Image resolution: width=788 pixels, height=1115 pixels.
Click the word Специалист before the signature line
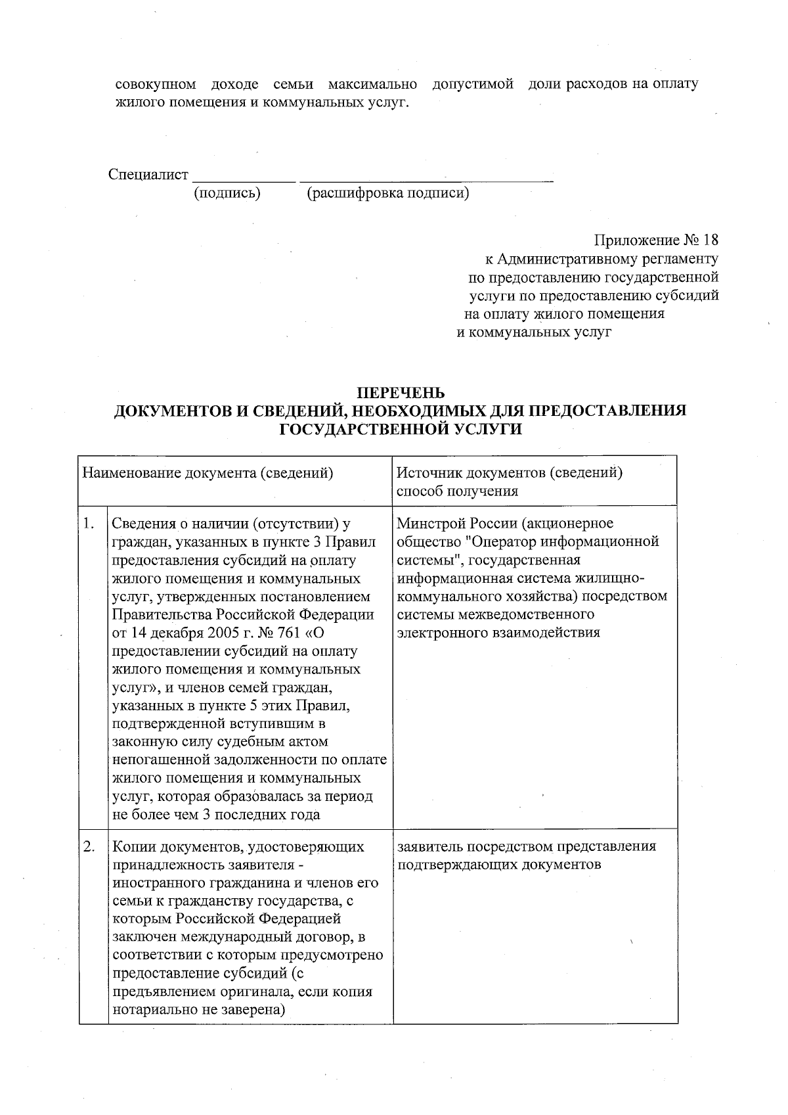click(148, 175)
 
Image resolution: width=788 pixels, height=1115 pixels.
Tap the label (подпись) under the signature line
click(227, 194)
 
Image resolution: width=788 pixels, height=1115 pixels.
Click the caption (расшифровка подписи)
click(387, 194)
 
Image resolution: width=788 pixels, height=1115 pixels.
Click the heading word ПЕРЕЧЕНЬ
click(401, 393)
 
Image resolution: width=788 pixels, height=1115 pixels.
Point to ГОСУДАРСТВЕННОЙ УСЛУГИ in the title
click(401, 430)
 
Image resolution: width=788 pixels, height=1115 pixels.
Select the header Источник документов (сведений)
click(510, 473)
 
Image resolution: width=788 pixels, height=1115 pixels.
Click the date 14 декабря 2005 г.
click(194, 633)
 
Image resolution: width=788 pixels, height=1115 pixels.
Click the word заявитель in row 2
click(429, 846)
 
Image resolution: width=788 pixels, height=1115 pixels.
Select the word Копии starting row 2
click(134, 847)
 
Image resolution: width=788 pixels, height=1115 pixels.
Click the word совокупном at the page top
click(156, 85)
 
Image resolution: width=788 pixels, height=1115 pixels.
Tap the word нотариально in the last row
click(155, 1011)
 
